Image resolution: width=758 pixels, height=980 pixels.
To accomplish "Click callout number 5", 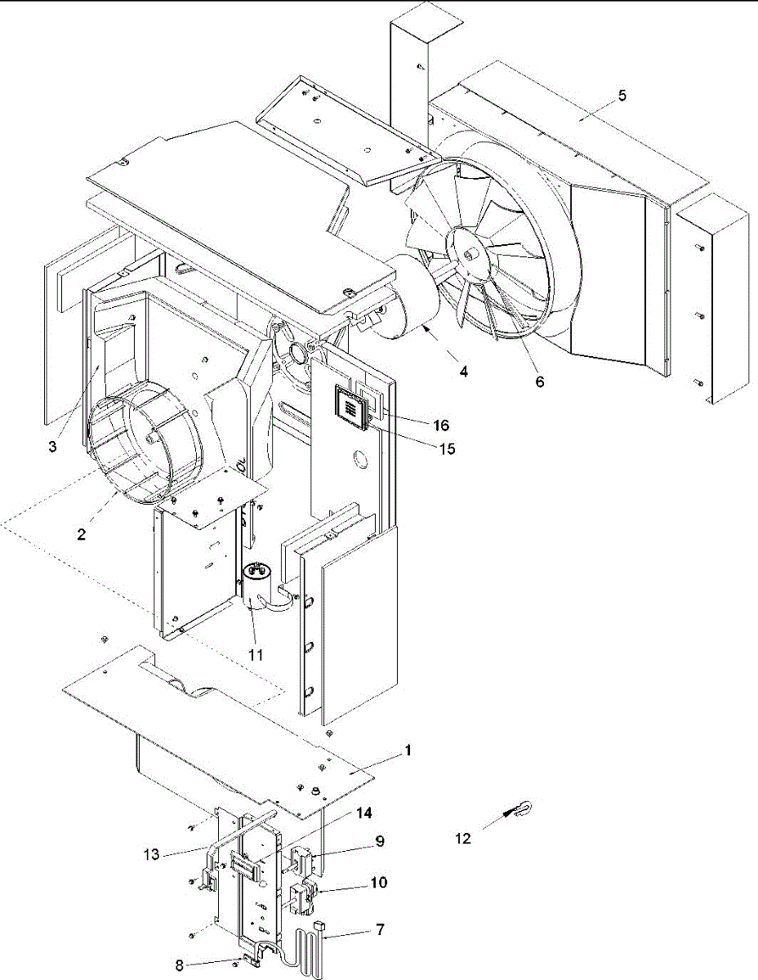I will tap(622, 96).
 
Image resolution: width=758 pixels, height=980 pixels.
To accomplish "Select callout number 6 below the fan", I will tap(540, 381).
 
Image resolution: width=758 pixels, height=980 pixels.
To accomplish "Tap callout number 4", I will tap(463, 372).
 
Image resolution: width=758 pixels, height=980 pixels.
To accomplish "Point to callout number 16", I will tap(442, 425).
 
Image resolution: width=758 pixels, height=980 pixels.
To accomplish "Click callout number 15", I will tap(446, 448).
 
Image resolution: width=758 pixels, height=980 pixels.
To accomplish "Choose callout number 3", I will tap(51, 448).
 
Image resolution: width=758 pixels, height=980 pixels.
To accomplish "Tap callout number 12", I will tap(463, 839).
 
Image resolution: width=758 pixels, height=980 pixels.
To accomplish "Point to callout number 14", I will tap(364, 813).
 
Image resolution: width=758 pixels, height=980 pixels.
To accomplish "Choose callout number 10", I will tap(378, 883).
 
